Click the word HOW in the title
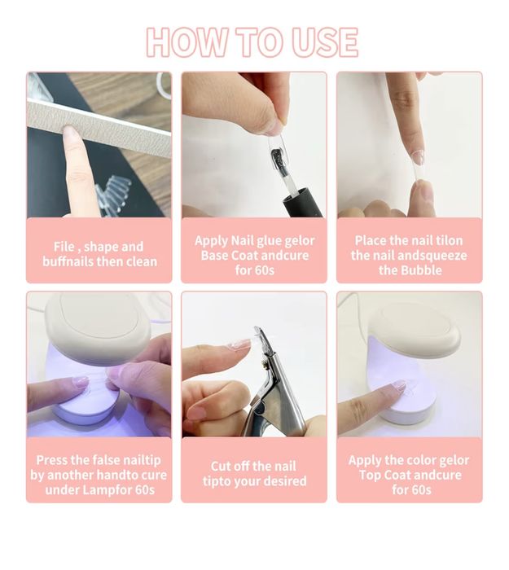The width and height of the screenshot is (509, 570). (x=186, y=42)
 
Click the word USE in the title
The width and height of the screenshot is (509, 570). (x=325, y=42)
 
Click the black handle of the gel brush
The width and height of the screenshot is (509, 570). (x=303, y=203)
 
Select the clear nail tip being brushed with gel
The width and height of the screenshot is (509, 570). (x=279, y=153)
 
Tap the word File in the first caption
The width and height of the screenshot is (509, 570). (x=64, y=247)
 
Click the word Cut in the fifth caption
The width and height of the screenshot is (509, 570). (x=220, y=467)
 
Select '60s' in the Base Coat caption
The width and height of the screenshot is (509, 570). (x=265, y=270)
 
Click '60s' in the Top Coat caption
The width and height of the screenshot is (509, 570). (x=422, y=490)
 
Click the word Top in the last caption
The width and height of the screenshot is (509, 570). (x=370, y=475)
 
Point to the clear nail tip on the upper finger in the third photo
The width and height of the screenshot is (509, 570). (x=418, y=157)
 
